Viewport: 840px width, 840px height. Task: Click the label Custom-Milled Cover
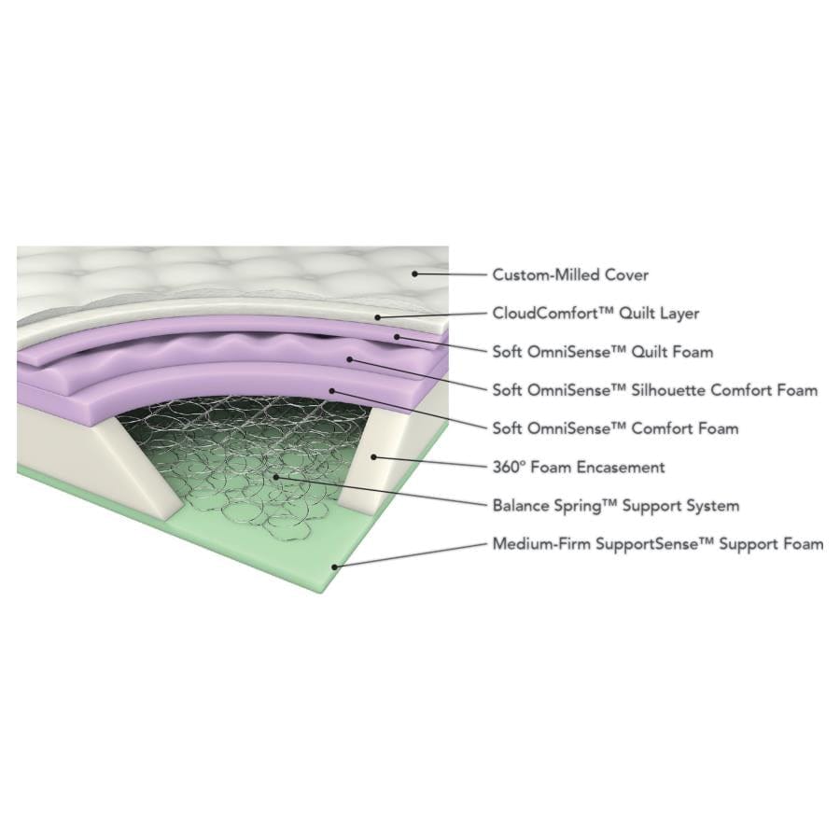(570, 275)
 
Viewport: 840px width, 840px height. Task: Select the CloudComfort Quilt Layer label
(595, 315)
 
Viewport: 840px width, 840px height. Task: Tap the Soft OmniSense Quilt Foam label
(603, 352)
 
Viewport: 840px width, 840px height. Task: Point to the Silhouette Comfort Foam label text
(655, 390)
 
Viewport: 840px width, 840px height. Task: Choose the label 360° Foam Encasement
(579, 467)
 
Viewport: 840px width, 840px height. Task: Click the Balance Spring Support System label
(616, 506)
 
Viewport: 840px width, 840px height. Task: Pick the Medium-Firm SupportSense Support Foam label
(658, 543)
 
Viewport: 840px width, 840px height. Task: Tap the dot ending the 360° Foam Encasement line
(372, 456)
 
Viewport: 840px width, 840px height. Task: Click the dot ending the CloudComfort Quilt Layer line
(378, 317)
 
